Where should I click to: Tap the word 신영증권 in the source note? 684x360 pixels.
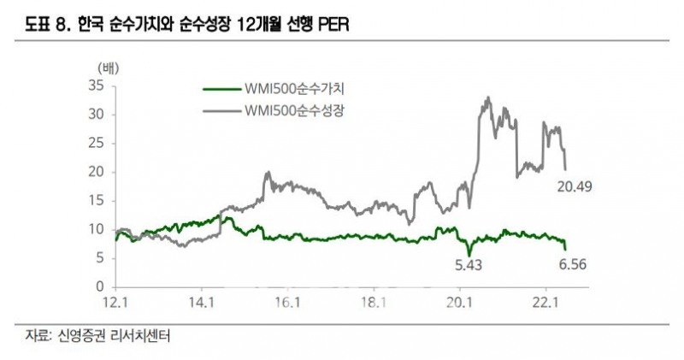point(91,335)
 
